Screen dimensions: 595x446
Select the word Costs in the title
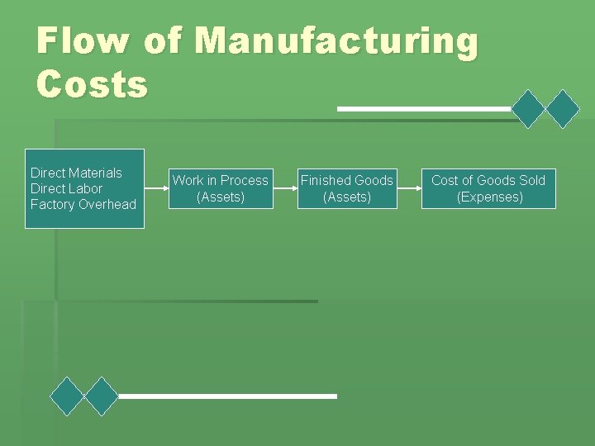point(93,83)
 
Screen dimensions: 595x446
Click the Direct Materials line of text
point(76,173)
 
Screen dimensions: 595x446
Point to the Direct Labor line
point(66,188)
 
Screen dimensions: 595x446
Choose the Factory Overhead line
point(83,204)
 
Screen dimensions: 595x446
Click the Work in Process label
point(220,180)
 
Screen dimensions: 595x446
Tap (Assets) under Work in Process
point(220,197)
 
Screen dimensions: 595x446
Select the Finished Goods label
point(347,180)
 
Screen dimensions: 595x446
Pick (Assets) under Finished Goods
point(347,197)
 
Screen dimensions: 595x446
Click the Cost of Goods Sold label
point(488,180)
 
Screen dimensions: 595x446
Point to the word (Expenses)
point(489,197)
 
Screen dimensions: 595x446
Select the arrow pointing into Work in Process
point(156,188)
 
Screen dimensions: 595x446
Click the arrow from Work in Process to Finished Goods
point(283,188)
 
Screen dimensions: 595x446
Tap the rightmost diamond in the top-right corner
point(564,108)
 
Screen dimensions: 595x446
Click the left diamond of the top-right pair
point(529,108)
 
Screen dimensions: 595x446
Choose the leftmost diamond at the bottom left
point(67,396)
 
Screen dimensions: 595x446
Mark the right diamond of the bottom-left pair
point(102,396)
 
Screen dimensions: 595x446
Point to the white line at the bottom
point(227,396)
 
